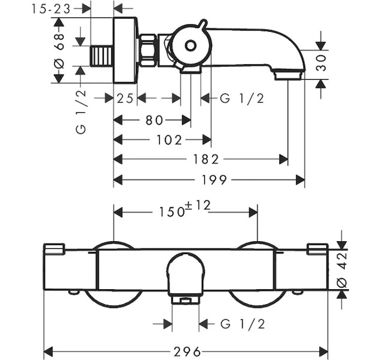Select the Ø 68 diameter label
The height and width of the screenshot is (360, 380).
(x=59, y=51)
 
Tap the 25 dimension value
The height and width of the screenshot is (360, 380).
(x=125, y=99)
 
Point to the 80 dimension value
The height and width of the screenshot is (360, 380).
(x=154, y=120)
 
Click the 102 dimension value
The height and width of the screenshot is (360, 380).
(x=170, y=140)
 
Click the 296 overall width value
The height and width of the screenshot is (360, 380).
(x=186, y=350)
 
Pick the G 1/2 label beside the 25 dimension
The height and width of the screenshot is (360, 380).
(x=242, y=99)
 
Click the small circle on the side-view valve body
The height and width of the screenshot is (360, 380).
(x=190, y=46)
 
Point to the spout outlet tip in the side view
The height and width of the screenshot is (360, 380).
(x=288, y=76)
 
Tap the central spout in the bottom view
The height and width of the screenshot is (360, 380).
(x=185, y=276)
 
